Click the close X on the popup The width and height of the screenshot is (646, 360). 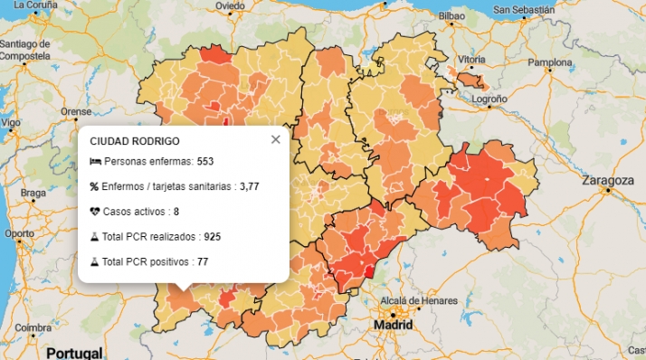276,139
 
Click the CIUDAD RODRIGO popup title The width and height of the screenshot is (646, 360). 135,141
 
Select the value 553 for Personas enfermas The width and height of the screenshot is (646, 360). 205,161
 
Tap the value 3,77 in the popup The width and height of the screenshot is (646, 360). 250,186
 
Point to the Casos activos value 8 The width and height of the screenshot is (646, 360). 176,211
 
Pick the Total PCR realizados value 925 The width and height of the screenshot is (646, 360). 213,236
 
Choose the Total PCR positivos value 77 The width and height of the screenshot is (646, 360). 204,261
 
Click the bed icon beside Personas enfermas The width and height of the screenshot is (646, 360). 95,161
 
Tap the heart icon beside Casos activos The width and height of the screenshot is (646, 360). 95,211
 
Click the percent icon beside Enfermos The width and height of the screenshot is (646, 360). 94,186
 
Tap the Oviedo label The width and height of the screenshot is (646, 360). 230,6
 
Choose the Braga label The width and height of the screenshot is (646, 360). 33,193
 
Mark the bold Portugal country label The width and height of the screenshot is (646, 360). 75,351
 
